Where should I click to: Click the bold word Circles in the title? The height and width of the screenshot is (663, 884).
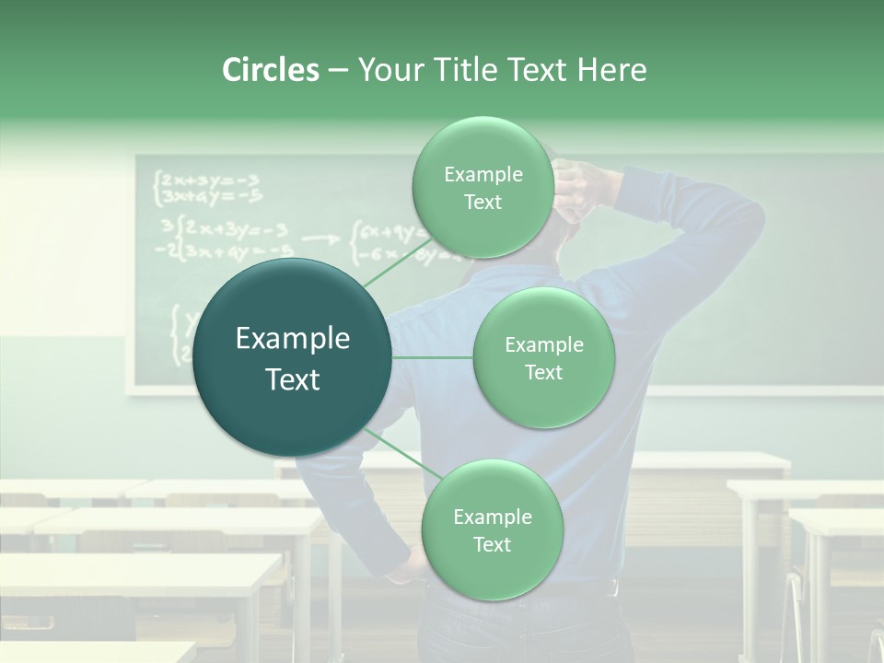pyautogui.click(x=270, y=70)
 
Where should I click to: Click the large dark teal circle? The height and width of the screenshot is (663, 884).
pyautogui.click(x=293, y=357)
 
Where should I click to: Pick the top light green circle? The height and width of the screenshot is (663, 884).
pyautogui.click(x=483, y=188)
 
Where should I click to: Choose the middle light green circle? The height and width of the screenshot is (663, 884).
pyautogui.click(x=543, y=358)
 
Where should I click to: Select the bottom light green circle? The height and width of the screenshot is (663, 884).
pyautogui.click(x=492, y=529)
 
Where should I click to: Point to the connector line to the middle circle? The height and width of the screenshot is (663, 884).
pyautogui.click(x=433, y=357)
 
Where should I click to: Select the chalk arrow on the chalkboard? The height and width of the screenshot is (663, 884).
pyautogui.click(x=320, y=238)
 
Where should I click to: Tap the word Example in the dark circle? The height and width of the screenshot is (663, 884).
pyautogui.click(x=293, y=339)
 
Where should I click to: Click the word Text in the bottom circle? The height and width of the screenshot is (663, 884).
pyautogui.click(x=492, y=544)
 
